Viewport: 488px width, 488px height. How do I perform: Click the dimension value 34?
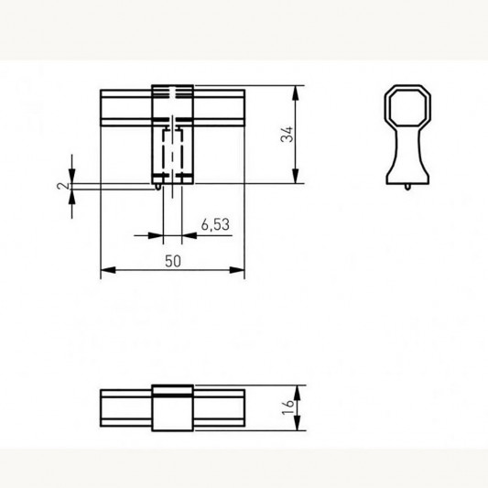[x=287, y=135]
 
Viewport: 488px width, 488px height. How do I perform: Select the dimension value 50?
[x=173, y=261]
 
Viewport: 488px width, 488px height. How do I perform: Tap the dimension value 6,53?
[x=215, y=224]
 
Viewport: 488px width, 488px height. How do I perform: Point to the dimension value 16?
[x=287, y=407]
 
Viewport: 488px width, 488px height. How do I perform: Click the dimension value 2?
[x=63, y=186]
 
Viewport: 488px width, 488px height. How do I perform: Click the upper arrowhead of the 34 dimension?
[x=296, y=92]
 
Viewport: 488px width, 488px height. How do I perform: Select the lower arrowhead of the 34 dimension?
[x=296, y=176]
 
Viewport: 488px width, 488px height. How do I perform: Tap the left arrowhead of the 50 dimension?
[x=108, y=270]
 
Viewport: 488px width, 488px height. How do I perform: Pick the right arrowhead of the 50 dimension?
[x=237, y=270]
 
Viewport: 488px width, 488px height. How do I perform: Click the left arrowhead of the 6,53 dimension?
[x=156, y=235]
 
